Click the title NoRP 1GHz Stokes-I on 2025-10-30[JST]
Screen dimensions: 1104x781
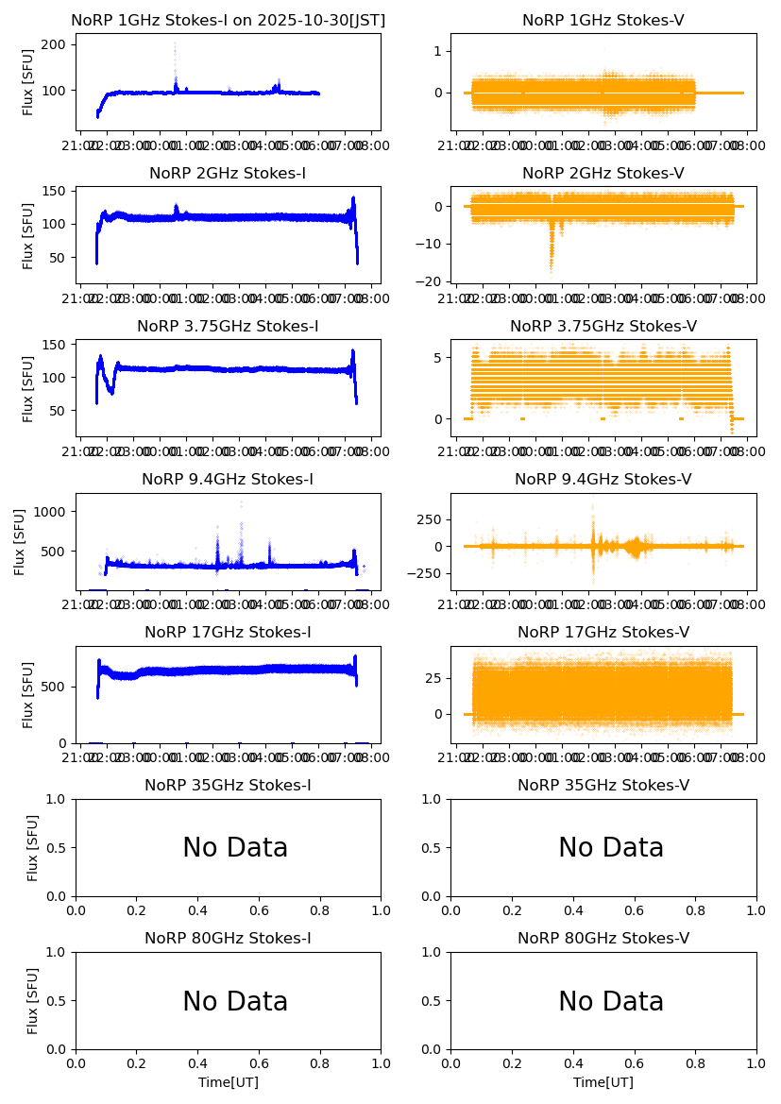[x=228, y=20]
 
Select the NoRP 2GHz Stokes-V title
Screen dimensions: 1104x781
[x=603, y=173]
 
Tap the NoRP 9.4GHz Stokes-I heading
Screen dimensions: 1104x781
[x=228, y=479]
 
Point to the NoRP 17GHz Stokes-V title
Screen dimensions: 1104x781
[x=603, y=632]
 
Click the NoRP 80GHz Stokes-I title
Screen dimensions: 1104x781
[x=228, y=938]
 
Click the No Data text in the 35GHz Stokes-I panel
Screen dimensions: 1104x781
[x=235, y=848]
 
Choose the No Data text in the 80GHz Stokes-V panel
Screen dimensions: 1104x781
[x=611, y=1001]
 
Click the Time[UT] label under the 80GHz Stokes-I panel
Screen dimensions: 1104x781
[x=228, y=1082]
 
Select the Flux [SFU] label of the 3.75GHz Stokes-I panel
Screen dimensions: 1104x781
[x=29, y=388]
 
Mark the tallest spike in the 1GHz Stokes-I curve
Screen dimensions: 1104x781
[x=175, y=44]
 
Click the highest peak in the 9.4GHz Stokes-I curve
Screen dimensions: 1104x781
[x=241, y=502]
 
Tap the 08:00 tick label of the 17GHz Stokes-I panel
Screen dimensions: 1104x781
[x=368, y=757]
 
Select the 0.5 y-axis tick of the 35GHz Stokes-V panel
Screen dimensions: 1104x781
[x=436, y=847]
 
